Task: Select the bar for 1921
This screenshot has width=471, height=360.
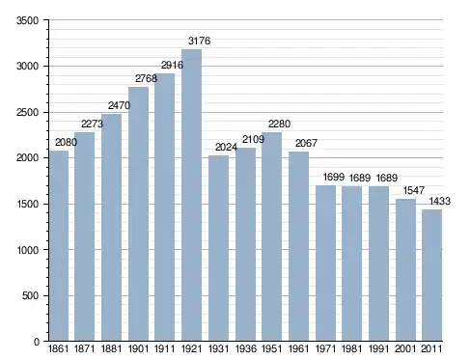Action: click(191, 195)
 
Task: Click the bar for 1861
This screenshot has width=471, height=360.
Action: click(59, 246)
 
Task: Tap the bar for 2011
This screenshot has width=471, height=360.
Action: click(431, 275)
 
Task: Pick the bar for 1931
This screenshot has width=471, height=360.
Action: click(218, 248)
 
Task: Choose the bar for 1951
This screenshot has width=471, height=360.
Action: click(271, 236)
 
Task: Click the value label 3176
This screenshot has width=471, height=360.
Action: click(199, 41)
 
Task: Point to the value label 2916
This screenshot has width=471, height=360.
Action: click(172, 65)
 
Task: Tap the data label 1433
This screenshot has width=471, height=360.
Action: click(440, 202)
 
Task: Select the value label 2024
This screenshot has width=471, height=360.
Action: click(226, 147)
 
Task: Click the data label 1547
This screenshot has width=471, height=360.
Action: click(414, 190)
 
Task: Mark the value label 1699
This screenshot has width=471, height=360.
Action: click(334, 177)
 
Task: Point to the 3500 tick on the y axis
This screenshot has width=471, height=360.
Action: click(27, 20)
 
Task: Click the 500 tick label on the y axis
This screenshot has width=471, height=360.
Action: click(30, 295)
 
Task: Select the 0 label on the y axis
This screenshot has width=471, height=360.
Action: click(37, 342)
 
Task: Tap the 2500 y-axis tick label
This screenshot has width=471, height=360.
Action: click(27, 113)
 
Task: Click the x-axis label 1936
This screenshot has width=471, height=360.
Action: click(246, 348)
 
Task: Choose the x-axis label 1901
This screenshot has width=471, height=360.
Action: click(138, 348)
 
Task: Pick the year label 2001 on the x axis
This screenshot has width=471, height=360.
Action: click(405, 348)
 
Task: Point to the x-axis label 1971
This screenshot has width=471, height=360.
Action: click(325, 348)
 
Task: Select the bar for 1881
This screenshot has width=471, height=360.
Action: click(112, 228)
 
